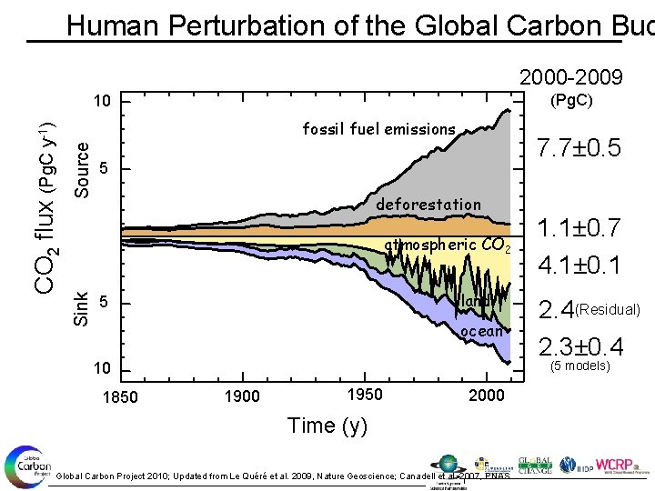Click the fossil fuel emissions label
point(378,129)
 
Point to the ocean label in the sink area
point(481,331)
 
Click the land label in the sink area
point(478,301)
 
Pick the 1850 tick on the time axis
point(121,396)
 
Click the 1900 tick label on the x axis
point(243,396)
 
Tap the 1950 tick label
point(366,394)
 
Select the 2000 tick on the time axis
point(488,395)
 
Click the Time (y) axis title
point(327,426)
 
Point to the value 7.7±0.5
point(579,148)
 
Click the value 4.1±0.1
point(579,266)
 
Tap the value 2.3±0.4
point(579,347)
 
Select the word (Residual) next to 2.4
point(610,309)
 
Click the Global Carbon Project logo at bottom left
point(25,466)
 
